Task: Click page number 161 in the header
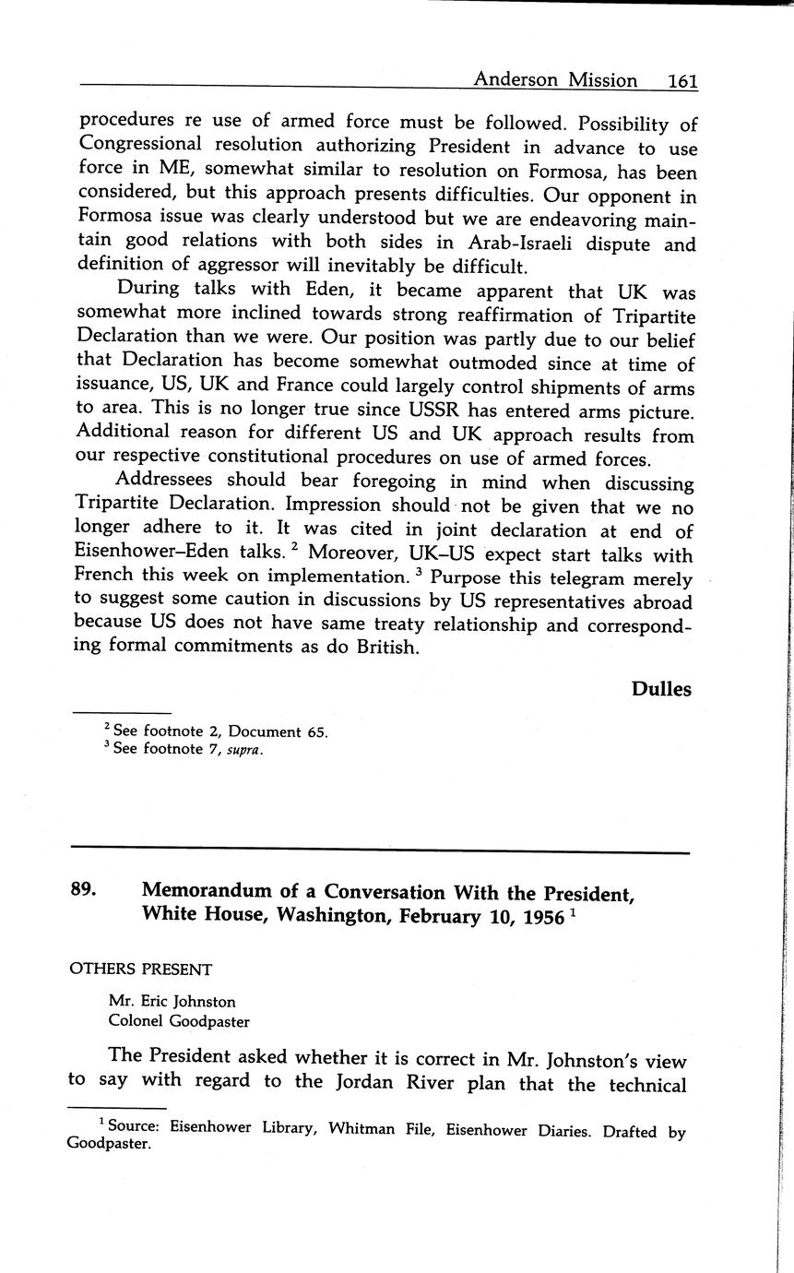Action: click(x=681, y=80)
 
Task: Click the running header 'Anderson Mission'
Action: click(x=554, y=80)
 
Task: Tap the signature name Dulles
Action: click(x=661, y=689)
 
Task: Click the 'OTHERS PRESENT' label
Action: click(x=140, y=970)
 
